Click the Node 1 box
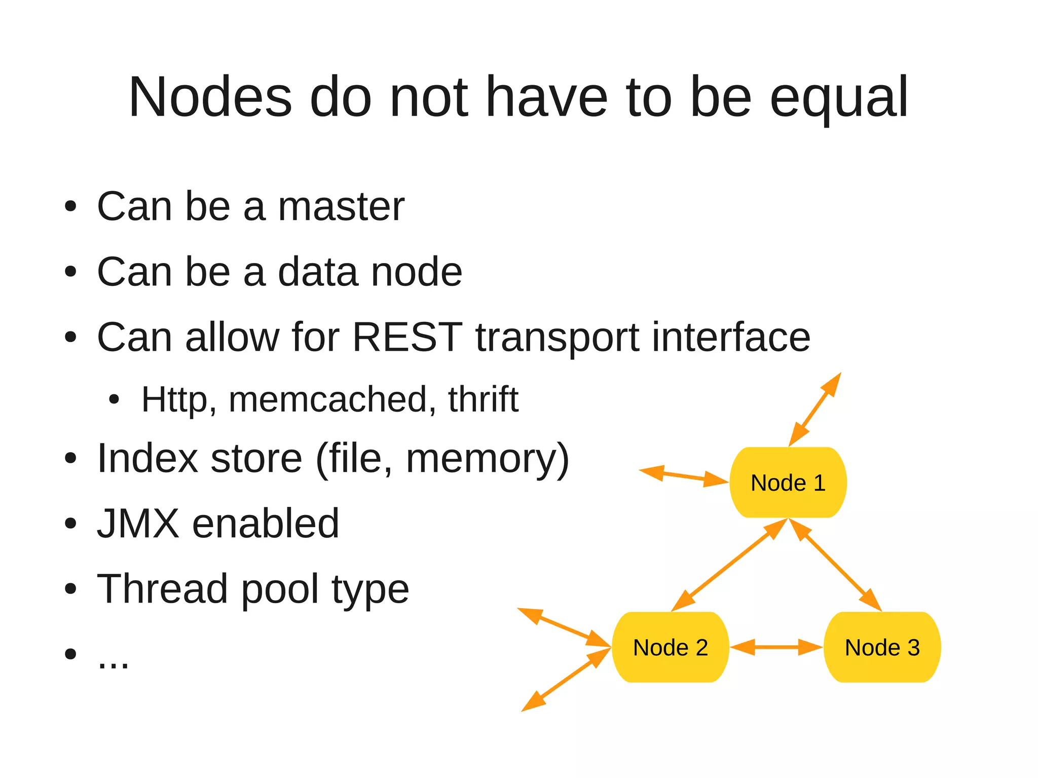(x=788, y=483)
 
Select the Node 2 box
(x=670, y=647)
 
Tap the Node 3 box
(x=882, y=647)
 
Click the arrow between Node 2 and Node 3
(x=776, y=647)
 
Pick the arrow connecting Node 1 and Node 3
(x=835, y=565)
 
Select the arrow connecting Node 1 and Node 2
(x=729, y=565)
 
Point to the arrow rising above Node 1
(x=815, y=409)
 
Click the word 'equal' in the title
(x=839, y=97)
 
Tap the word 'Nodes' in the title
(x=210, y=97)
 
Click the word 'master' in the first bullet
(x=341, y=206)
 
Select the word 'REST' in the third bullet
(x=407, y=337)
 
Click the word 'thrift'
(x=483, y=399)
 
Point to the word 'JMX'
(x=138, y=523)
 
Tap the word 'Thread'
(x=162, y=588)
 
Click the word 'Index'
(x=147, y=458)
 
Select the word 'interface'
(x=731, y=337)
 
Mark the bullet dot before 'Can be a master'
(x=70, y=207)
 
